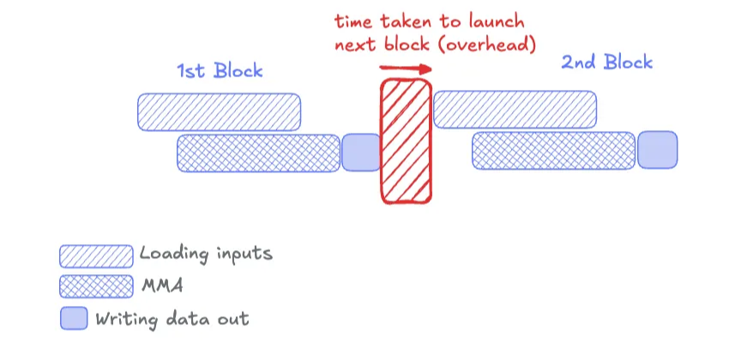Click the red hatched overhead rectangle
[407, 141]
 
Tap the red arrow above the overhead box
[402, 67]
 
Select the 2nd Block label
[606, 62]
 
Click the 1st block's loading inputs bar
[220, 111]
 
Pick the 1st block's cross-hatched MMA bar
[258, 152]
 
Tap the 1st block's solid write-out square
[360, 152]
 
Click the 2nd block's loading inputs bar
[515, 109]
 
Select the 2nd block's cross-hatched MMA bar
[554, 150]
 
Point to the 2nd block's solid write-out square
[657, 149]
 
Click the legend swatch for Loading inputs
[96, 255]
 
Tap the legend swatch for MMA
[96, 286]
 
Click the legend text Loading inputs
[206, 255]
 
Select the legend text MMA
[162, 286]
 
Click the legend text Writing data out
[172, 319]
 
